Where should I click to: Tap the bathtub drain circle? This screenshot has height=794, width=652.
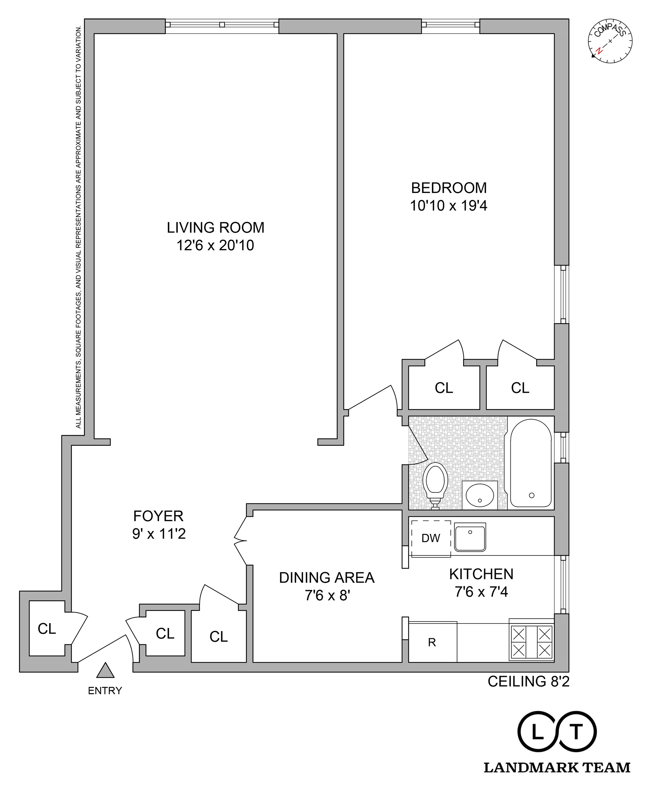(x=531, y=495)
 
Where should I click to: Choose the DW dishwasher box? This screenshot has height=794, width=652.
(x=431, y=538)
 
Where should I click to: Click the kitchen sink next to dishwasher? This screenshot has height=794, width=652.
(x=470, y=537)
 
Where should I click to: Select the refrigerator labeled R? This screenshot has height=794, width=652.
(x=432, y=642)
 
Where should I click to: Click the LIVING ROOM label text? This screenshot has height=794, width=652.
(x=215, y=228)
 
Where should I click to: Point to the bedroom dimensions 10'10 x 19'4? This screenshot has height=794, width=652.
(x=449, y=206)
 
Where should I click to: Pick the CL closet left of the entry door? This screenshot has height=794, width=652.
(x=47, y=628)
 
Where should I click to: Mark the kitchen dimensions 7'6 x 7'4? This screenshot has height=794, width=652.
(x=481, y=592)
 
